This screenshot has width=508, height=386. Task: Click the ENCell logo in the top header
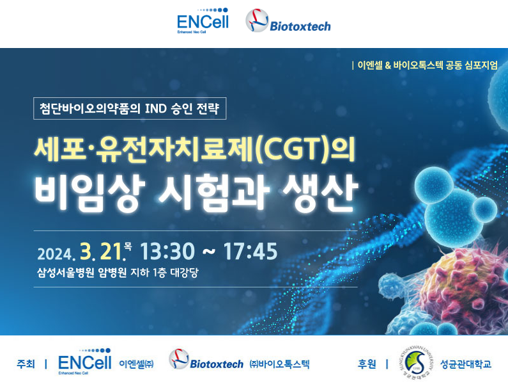203,20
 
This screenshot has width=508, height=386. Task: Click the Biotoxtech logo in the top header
288,20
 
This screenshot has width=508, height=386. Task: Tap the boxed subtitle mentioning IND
130,108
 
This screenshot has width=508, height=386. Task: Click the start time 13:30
167,252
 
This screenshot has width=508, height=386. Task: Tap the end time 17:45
250,252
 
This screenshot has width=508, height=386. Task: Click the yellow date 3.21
103,252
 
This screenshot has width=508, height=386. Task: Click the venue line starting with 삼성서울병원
118,272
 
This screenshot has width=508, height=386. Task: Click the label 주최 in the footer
26,364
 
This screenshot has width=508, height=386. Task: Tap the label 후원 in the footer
366,364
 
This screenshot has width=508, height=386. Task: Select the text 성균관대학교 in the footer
466,364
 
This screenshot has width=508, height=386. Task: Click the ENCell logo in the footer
85,362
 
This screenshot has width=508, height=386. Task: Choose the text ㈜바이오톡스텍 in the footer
279,364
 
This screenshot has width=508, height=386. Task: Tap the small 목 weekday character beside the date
128,247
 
